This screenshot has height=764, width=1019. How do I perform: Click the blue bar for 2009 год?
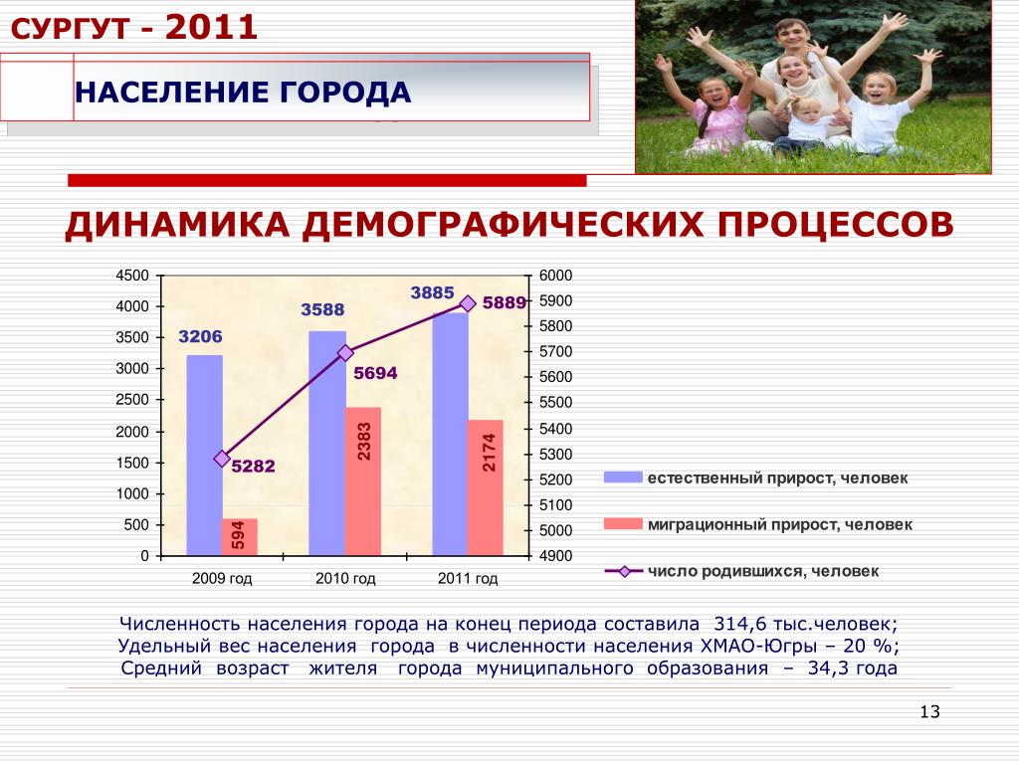click(x=204, y=456)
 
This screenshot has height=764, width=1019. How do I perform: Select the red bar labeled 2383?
click(x=362, y=482)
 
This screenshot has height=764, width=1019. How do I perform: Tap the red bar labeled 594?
click(x=239, y=537)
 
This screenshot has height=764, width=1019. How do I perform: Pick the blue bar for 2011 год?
click(x=450, y=435)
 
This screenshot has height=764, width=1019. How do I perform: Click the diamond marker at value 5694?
click(x=345, y=353)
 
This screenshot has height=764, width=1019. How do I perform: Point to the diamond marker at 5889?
click(x=468, y=303)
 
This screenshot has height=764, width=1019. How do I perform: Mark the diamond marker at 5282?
click(x=222, y=459)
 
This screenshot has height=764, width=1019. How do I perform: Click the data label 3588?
click(x=322, y=310)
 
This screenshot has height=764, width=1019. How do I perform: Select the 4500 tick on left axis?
click(x=132, y=276)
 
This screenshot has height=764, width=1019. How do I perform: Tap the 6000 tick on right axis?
click(x=555, y=276)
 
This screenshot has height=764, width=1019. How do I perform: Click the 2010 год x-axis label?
click(x=345, y=578)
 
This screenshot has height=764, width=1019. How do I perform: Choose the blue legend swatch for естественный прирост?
click(x=623, y=477)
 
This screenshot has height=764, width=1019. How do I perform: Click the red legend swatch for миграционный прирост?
click(x=623, y=523)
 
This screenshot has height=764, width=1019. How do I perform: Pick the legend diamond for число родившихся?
click(x=624, y=572)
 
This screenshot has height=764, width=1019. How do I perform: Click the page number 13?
click(x=930, y=711)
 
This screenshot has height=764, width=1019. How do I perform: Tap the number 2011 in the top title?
click(x=211, y=27)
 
